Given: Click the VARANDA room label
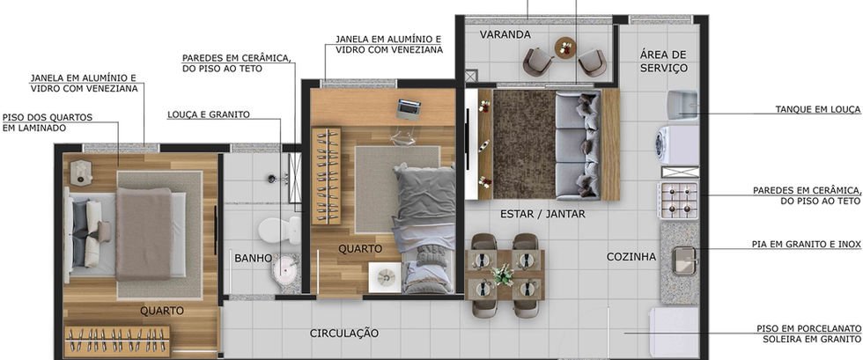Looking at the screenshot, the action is click(x=505, y=34).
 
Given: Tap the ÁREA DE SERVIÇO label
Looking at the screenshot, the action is click(x=663, y=61).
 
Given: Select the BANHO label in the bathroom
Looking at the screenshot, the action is click(x=254, y=258).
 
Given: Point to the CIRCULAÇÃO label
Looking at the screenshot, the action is click(x=344, y=333).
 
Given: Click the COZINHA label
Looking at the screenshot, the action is click(x=631, y=256).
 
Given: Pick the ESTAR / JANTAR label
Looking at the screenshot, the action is click(x=542, y=214).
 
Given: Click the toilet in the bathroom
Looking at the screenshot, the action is click(x=279, y=230).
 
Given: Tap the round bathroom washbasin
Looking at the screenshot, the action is click(x=284, y=269).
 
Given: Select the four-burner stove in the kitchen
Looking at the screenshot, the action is click(x=679, y=201).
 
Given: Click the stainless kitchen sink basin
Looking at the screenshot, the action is click(x=684, y=261).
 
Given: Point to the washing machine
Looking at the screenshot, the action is click(x=676, y=145).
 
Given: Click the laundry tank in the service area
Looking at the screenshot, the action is click(x=682, y=106).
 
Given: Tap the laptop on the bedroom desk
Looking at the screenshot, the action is click(x=409, y=109).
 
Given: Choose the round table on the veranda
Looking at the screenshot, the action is click(x=564, y=48).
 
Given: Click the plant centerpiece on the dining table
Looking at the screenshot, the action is click(x=503, y=275).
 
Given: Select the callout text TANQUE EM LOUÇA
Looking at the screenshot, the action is click(x=817, y=109).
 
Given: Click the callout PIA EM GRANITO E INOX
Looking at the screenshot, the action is click(x=807, y=244).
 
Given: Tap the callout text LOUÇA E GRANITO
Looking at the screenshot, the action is click(x=209, y=114).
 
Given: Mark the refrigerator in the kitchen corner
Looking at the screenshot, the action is click(x=675, y=333).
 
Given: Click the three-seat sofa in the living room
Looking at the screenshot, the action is click(x=577, y=144).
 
